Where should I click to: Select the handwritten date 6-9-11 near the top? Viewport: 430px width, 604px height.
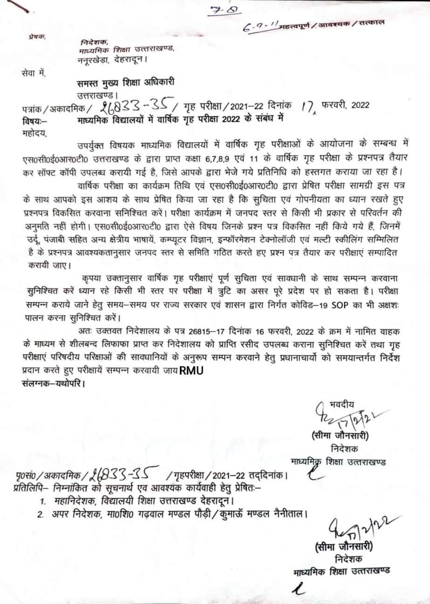263,27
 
